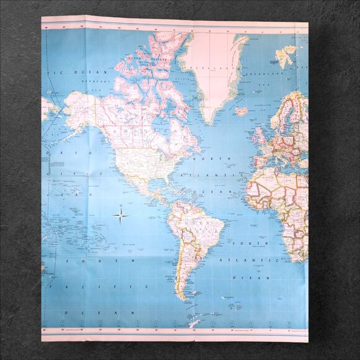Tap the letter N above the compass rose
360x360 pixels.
pyautogui.click(x=121, y=205)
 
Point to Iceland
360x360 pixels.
pyautogui.click(x=242, y=112)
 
